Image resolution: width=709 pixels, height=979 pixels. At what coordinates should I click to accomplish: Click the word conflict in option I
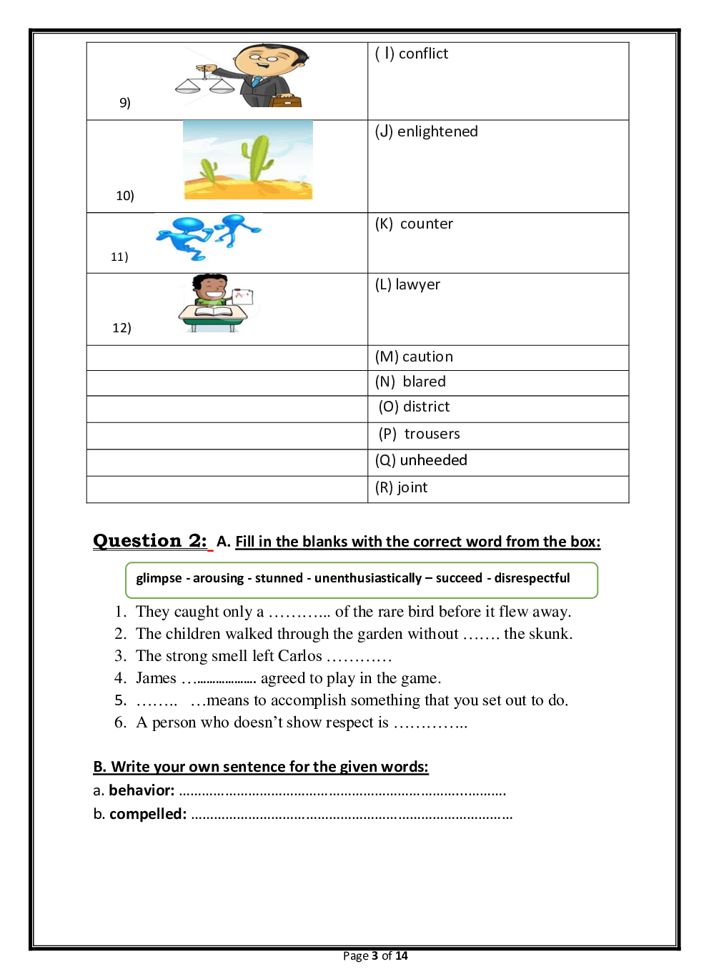pos(423,54)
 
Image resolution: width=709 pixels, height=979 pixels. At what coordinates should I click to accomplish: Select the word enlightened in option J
pos(437,131)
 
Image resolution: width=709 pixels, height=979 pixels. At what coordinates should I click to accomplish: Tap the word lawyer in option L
pos(417,284)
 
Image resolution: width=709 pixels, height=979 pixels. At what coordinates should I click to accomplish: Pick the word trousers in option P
pos(432,434)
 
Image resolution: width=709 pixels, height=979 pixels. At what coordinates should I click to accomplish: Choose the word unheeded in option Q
pos(433,460)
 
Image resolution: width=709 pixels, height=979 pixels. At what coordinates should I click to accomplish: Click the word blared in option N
pos(424,382)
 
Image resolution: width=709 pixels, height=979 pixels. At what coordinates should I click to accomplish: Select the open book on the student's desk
pos(214,311)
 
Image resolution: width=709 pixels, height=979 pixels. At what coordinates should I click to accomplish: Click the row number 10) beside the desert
pos(125,196)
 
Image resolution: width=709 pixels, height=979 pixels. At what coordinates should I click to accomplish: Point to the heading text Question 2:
pos(150,541)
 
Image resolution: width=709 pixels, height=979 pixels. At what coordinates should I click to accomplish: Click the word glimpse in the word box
pos(159,578)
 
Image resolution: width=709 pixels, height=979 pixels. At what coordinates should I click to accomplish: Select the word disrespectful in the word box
pos(532,578)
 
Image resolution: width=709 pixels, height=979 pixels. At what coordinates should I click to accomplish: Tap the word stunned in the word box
pos(279,578)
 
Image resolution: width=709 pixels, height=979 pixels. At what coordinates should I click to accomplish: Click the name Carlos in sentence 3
pos(299,656)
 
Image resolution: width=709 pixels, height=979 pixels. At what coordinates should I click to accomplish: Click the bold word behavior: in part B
pos(142,790)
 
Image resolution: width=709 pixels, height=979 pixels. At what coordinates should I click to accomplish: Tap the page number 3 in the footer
pos(375,956)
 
